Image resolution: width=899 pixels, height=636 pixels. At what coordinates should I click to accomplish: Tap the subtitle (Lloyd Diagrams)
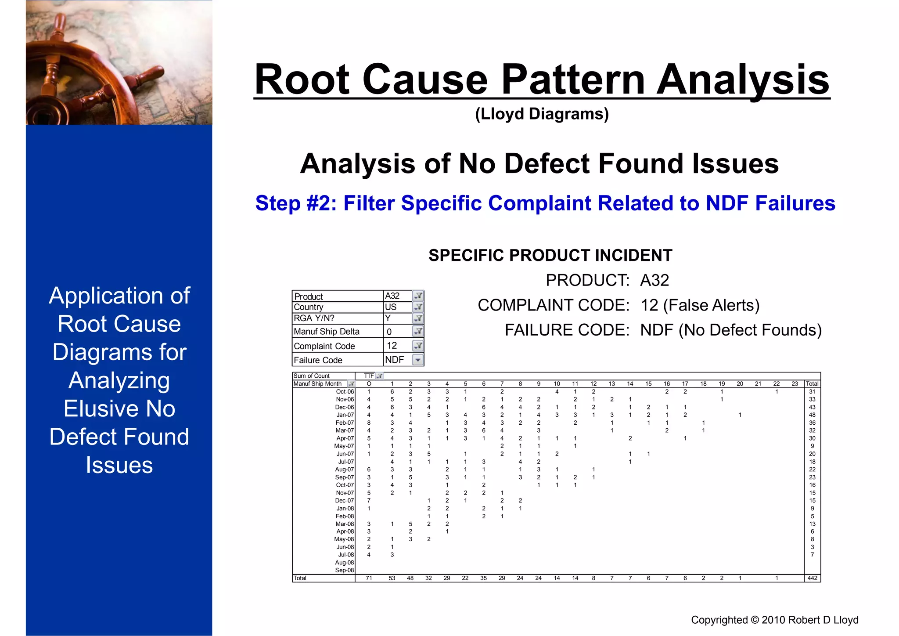tap(542, 114)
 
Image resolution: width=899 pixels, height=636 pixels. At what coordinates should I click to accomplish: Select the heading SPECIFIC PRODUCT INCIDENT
tap(550, 256)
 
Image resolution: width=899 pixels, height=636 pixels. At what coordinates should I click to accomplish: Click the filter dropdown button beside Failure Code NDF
tap(418, 360)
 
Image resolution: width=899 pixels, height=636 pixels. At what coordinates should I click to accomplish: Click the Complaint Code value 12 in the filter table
tap(392, 346)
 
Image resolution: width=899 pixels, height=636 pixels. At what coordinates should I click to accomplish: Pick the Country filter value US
tap(391, 307)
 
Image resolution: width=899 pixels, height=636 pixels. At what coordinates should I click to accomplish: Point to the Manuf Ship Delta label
tap(327, 332)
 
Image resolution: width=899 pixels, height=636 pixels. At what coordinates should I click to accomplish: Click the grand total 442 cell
tap(812, 578)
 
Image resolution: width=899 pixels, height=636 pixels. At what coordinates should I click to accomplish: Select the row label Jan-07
tap(345, 415)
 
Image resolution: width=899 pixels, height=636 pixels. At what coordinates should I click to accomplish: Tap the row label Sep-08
tap(345, 571)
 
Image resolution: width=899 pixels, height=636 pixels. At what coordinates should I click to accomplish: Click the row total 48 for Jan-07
tap(812, 415)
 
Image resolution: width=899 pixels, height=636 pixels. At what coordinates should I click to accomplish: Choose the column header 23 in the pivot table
tap(795, 384)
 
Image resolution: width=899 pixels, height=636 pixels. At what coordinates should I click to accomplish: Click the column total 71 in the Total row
tap(369, 578)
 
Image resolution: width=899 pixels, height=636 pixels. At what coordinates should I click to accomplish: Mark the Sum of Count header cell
tap(312, 376)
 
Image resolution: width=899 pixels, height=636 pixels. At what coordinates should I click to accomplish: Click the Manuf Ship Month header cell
tap(317, 384)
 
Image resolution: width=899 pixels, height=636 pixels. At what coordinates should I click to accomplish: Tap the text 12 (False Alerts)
tap(700, 305)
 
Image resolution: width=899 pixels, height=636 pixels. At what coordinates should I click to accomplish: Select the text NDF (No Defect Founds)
tap(731, 330)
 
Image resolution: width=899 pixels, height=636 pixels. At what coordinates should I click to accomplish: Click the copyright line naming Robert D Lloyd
tap(774, 620)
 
